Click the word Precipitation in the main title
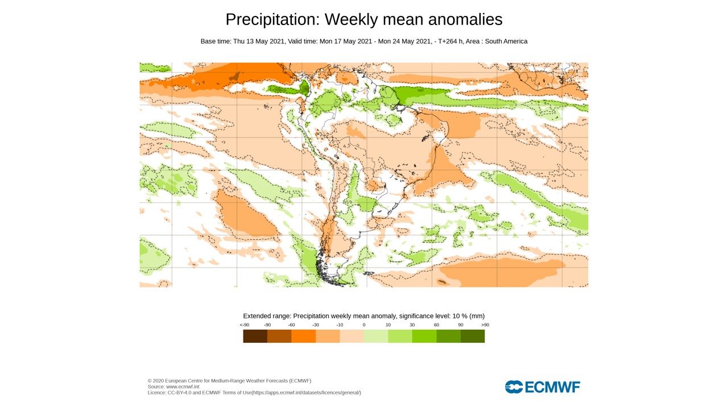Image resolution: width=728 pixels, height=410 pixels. pos(272,19)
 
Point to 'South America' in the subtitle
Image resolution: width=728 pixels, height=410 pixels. pos(506,42)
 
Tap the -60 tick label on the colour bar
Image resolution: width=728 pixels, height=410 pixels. pos(291,325)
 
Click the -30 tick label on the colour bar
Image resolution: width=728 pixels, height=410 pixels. pos(316,325)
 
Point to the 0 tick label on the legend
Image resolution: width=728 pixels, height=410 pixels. pos(364,325)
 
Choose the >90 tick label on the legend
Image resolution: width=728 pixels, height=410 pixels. pos(485,325)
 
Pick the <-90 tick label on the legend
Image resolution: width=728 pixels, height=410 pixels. pos(244,325)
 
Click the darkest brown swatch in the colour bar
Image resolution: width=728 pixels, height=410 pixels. pos(255,336)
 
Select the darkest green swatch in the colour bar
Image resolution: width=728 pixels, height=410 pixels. pos(473,336)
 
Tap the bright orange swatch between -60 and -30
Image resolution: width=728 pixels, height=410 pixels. pos(303,336)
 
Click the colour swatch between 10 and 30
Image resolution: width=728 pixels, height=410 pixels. pos(400,336)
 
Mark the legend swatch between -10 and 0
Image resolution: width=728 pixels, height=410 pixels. pos(351,336)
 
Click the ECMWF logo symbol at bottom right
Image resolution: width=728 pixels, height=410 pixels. pos(514,387)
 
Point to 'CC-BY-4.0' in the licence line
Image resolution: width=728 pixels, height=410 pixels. pos(180,392)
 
